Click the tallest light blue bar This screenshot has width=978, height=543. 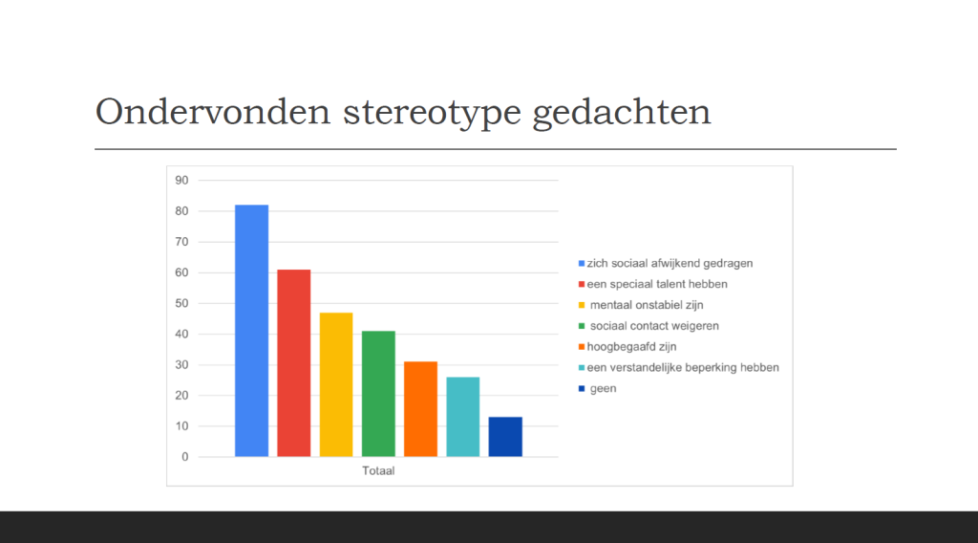coord(251,331)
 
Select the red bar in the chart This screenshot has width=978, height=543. coord(294,363)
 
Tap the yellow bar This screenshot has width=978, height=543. coord(336,384)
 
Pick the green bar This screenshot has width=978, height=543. coord(378,394)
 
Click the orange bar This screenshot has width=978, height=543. coord(420,409)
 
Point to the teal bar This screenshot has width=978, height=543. coord(463,417)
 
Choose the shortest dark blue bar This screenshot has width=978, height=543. coord(505,437)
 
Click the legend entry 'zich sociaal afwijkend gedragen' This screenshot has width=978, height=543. coord(666,264)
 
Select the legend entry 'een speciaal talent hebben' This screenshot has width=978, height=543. coord(653,284)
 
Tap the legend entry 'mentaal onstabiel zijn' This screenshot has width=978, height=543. coord(641,305)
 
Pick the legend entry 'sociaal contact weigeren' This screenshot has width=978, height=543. coord(648,326)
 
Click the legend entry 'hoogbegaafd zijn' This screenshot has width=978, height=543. coord(627,346)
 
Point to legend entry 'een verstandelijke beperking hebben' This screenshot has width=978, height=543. coord(679,368)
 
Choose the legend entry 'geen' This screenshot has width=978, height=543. coord(598,388)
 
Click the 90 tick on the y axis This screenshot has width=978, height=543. coord(181,181)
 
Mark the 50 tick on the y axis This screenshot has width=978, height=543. coord(181,303)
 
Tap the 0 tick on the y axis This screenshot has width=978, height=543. coord(184,457)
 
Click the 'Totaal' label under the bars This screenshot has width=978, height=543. coord(378,470)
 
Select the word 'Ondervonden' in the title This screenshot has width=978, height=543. coord(213,113)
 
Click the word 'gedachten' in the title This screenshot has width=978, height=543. coord(622,114)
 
